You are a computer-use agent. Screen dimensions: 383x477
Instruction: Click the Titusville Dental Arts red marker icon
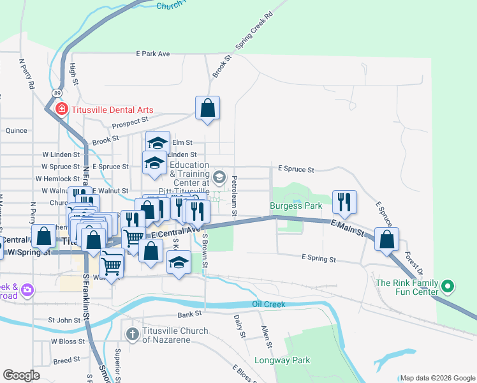pos(61,109)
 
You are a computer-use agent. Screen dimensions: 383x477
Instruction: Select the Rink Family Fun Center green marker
pos(448,287)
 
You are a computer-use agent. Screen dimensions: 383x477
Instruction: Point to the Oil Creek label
pos(268,304)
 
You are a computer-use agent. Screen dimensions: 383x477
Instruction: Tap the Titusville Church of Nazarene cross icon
pos(132,333)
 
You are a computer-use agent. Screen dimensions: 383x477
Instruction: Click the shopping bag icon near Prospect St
pos(208,108)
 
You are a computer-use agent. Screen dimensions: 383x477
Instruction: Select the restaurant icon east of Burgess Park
pos(344,201)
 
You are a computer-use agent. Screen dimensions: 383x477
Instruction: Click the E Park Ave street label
pos(152,54)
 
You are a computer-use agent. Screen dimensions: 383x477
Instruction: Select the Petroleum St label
pos(235,195)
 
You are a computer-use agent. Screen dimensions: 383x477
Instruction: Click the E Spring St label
pos(318,259)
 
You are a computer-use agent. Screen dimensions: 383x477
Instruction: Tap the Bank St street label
pos(189,314)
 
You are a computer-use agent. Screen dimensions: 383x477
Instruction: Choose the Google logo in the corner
pos(21,375)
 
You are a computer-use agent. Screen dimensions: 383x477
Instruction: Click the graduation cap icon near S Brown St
pos(179,262)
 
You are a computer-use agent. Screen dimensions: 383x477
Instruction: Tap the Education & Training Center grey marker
pos(219,176)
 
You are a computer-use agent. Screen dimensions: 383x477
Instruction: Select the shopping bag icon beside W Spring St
pos(44,236)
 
